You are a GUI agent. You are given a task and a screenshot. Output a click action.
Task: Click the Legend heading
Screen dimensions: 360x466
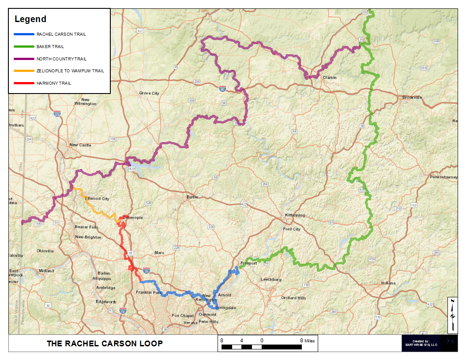30,19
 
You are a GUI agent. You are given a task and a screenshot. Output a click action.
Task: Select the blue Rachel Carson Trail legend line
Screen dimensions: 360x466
24,34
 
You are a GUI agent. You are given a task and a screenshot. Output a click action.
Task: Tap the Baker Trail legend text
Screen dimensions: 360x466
50,46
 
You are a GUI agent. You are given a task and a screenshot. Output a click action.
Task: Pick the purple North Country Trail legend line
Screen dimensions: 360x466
24,59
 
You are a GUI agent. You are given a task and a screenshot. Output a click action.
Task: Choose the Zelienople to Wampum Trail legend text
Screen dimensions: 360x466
70,71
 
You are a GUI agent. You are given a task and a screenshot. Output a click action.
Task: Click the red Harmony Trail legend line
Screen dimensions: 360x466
24,83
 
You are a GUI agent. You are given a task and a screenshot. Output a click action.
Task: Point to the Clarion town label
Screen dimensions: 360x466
330,78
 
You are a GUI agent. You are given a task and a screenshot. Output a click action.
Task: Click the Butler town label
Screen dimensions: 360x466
192,197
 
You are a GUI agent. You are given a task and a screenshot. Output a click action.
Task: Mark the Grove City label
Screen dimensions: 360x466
149,94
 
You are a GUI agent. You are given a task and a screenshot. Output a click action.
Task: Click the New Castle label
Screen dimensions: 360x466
80,145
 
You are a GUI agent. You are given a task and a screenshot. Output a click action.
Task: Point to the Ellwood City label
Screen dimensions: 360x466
97,199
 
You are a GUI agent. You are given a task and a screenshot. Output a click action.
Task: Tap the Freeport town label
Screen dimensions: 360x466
248,263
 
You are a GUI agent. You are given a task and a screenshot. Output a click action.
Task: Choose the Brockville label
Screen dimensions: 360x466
412,97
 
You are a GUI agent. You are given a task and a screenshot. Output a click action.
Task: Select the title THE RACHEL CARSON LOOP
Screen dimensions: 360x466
105,343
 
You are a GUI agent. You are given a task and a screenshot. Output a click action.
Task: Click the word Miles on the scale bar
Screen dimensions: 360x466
310,340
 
